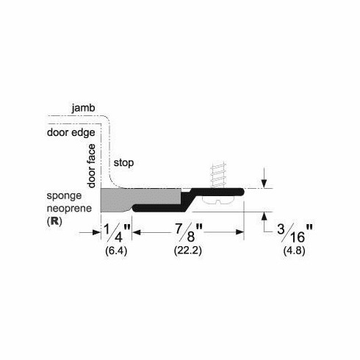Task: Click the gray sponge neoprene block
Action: coord(140,197)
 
